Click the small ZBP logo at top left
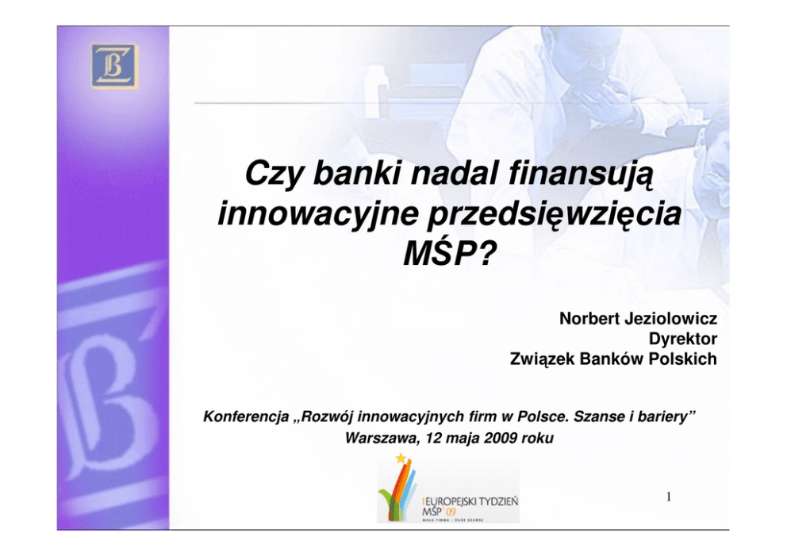(114, 67)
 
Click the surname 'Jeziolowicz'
(671, 318)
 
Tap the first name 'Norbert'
(589, 318)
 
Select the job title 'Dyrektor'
(683, 339)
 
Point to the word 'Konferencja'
(246, 416)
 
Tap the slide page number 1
(669, 497)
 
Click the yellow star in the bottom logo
(401, 458)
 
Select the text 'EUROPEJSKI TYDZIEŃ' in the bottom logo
(471, 500)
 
